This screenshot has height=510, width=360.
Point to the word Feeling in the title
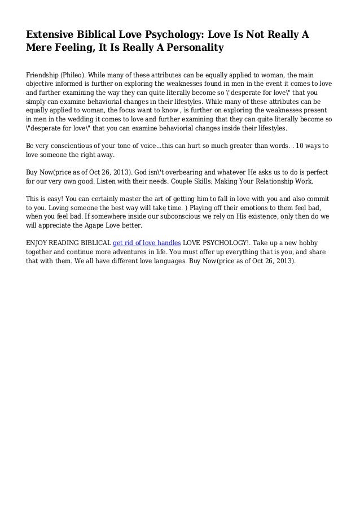pyautogui.click(x=74, y=48)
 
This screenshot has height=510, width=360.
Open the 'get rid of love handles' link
pyautogui.click(x=147, y=242)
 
